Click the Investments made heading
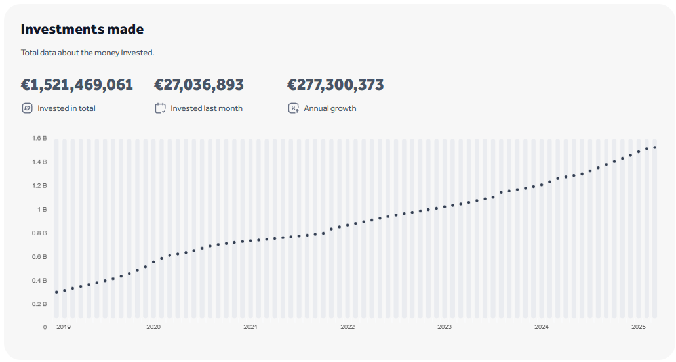(x=82, y=29)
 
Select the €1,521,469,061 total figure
(x=77, y=85)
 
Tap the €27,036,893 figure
(x=199, y=85)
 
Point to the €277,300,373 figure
(x=335, y=85)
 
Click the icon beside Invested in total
(x=27, y=108)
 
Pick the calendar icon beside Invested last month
(x=160, y=108)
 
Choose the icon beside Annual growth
(x=293, y=108)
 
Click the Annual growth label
(x=330, y=108)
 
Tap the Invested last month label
(x=207, y=108)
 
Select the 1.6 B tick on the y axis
(x=39, y=139)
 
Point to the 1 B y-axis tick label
(x=41, y=210)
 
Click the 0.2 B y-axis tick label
(x=39, y=304)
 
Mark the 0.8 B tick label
(x=39, y=233)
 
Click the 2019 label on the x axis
(x=63, y=327)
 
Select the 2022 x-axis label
(x=348, y=327)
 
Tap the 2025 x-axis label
(x=639, y=327)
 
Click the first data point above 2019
(x=56, y=292)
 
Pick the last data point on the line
(x=655, y=147)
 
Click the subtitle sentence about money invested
(x=87, y=53)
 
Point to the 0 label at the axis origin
(x=45, y=327)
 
